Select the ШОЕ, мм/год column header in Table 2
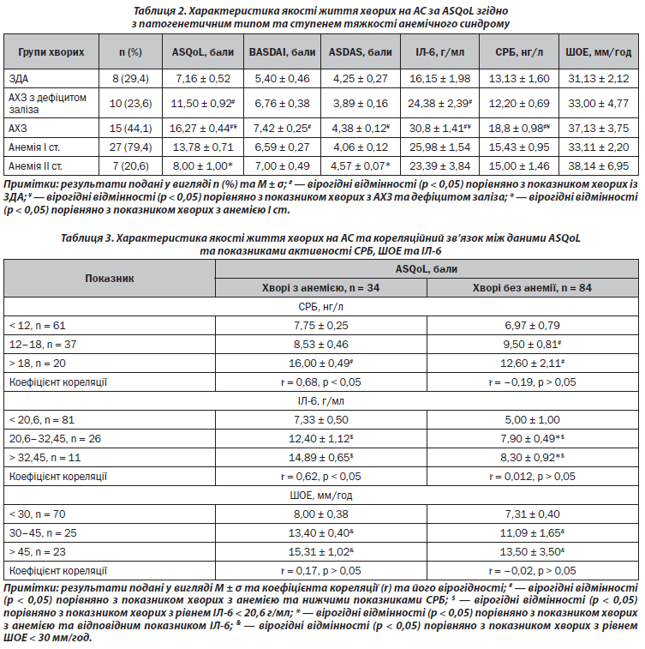click(600, 52)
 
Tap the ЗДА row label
click(19, 79)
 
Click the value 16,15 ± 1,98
click(436, 79)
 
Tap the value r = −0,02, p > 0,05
click(532, 569)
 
